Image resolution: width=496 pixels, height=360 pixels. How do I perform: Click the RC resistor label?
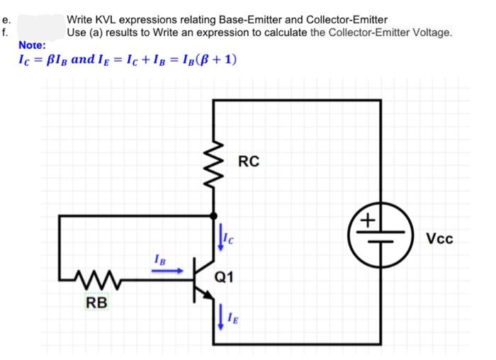249,161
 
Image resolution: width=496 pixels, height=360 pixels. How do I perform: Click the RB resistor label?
97,303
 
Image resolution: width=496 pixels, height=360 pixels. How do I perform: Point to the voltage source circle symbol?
381,234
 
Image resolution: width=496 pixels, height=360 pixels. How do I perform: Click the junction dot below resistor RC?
213,215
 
